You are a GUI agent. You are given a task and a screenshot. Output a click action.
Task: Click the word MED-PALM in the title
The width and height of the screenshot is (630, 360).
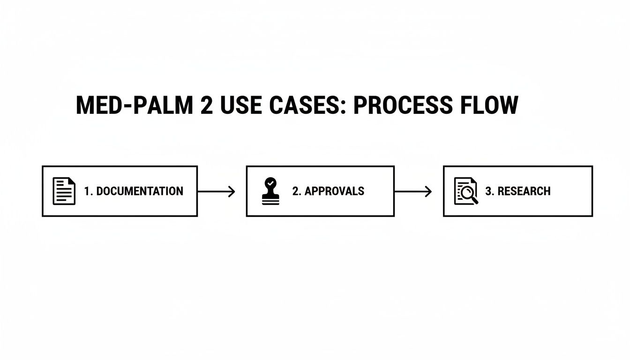tap(134, 105)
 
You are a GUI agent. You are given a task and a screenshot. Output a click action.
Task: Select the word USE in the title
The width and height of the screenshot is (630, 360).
tap(243, 105)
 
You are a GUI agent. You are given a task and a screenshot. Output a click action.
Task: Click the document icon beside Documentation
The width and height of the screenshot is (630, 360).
tap(64, 191)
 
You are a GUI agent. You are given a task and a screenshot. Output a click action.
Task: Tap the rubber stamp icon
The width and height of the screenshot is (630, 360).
tap(270, 192)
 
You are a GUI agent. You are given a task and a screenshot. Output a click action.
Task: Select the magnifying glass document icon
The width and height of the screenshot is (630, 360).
tap(466, 191)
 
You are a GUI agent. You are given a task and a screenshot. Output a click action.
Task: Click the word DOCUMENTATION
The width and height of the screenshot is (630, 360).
tap(140, 191)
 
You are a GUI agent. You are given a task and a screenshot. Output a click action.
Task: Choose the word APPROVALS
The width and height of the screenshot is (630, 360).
tap(334, 191)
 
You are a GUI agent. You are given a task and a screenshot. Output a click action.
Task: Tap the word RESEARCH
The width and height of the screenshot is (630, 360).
tap(524, 191)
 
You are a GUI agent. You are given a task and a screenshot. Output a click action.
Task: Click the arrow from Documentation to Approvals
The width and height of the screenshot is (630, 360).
tap(216, 191)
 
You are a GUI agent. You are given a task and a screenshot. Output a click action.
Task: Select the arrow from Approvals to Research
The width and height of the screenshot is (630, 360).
tap(412, 191)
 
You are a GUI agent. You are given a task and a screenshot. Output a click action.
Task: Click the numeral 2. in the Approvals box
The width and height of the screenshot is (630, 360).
tap(297, 191)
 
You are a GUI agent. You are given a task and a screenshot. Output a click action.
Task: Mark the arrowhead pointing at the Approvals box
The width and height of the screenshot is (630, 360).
tap(232, 191)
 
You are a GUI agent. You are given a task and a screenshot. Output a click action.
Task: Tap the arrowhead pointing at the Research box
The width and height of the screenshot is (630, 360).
tap(428, 191)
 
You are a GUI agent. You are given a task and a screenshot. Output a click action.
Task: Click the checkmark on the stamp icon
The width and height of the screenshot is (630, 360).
tap(270, 182)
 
